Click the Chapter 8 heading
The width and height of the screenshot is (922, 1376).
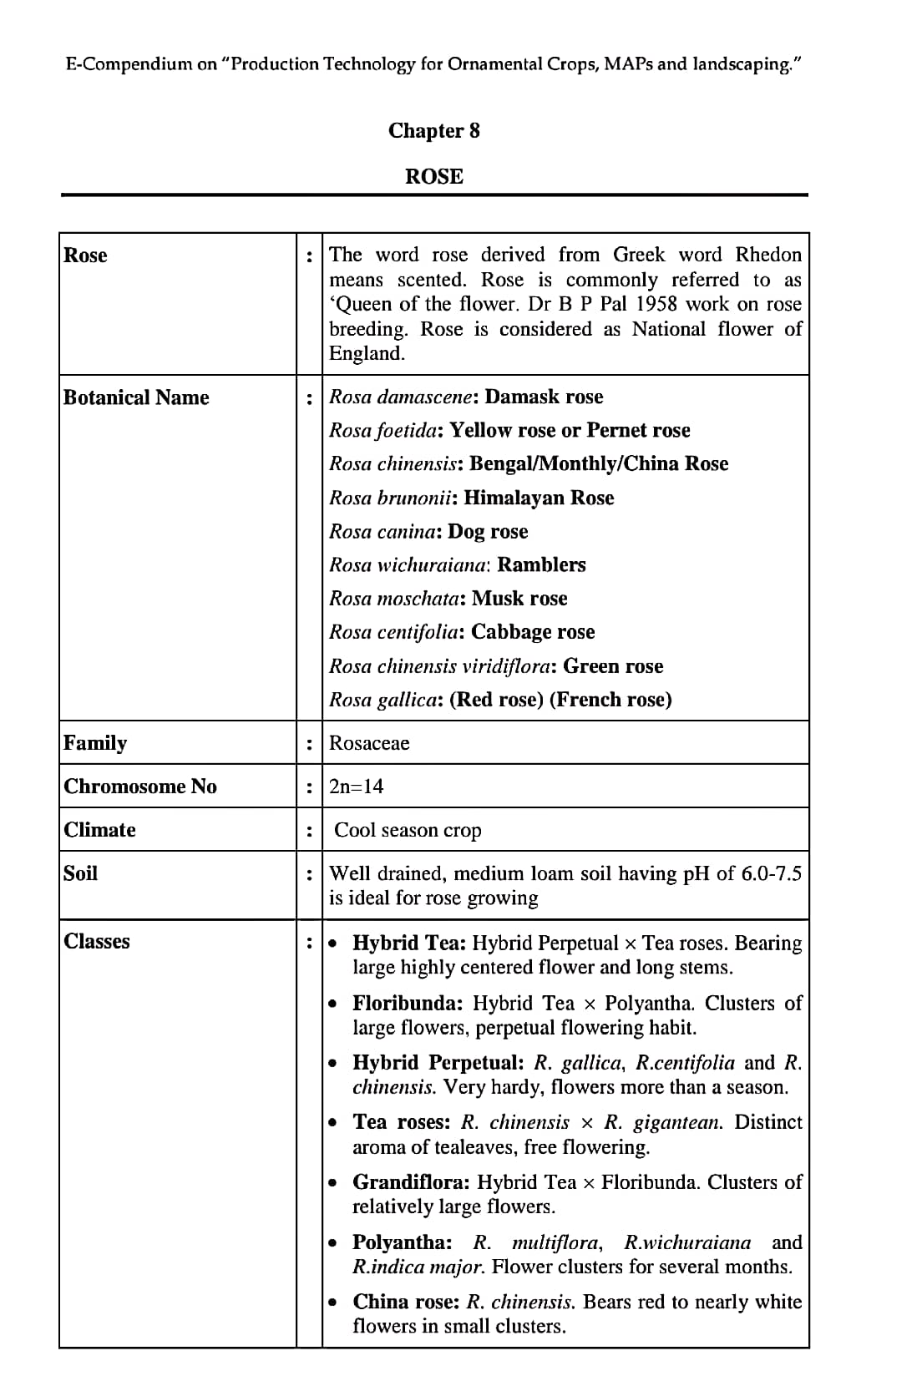(x=433, y=130)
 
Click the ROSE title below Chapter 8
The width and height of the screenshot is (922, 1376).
(x=433, y=176)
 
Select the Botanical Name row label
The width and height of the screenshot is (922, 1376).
(x=136, y=397)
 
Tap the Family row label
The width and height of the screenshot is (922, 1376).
(x=95, y=743)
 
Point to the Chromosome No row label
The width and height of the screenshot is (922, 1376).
(x=139, y=787)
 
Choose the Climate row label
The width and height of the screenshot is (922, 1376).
(x=99, y=830)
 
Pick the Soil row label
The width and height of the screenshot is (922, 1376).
(x=80, y=873)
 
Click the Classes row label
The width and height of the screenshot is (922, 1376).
(x=97, y=942)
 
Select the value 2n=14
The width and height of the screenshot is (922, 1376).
(x=356, y=787)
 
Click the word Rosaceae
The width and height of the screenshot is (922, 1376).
(x=369, y=743)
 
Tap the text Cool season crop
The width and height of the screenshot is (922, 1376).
(x=408, y=830)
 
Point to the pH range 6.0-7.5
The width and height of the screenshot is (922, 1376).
(x=771, y=873)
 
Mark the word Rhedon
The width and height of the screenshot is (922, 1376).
(x=768, y=255)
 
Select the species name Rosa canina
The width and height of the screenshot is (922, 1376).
(x=382, y=532)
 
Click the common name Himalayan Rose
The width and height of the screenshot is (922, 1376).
(x=539, y=498)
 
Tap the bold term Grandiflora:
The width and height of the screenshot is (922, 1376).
(x=413, y=1182)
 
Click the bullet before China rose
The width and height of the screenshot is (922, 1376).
(x=334, y=1303)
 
